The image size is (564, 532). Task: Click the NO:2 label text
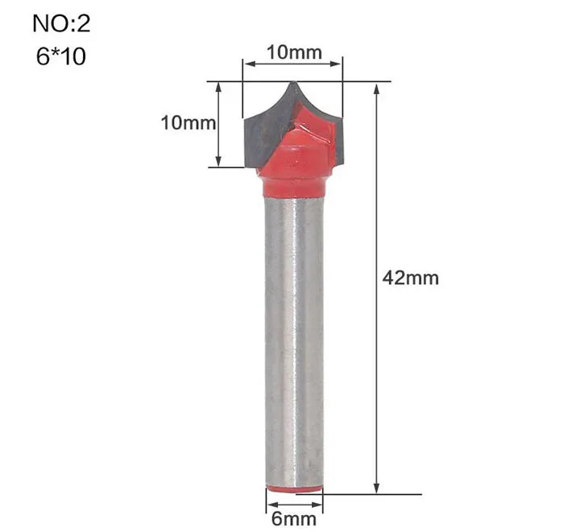[61, 23]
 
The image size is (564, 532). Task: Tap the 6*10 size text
[61, 56]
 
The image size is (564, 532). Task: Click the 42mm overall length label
[410, 278]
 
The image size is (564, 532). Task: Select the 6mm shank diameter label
[294, 518]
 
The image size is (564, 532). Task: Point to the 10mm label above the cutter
[294, 53]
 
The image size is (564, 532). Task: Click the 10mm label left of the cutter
[188, 123]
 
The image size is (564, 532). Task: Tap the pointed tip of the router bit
[293, 82]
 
